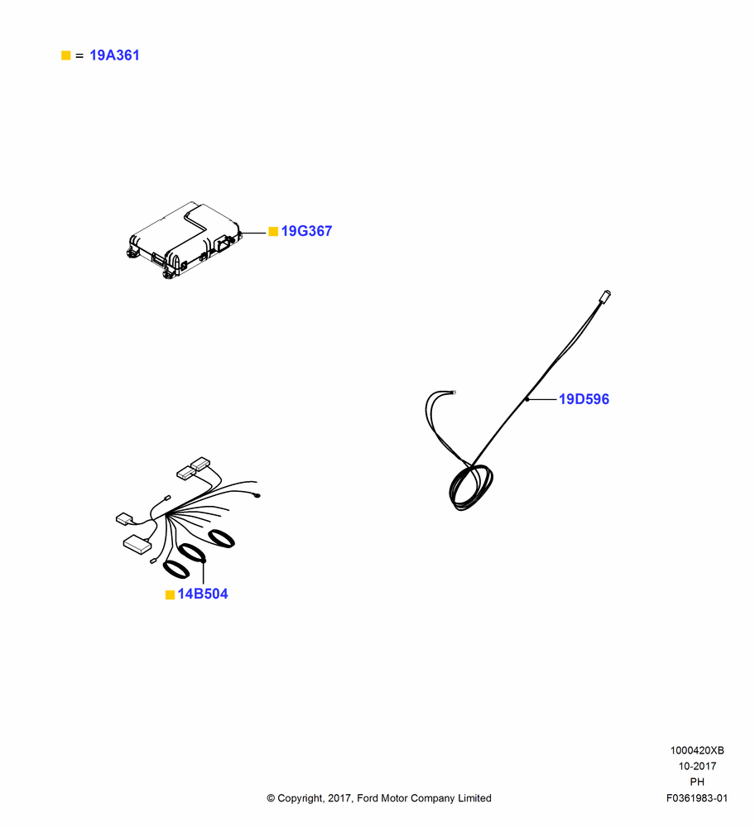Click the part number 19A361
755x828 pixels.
114,55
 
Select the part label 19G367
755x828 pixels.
306,231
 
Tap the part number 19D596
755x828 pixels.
584,399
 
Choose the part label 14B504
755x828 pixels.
203,594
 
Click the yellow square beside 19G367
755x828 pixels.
273,232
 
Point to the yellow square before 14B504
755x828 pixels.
170,595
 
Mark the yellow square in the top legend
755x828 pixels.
66,55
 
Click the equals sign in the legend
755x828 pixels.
79,55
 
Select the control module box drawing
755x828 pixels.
185,240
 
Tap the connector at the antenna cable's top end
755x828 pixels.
605,296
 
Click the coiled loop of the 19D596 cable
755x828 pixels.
470,488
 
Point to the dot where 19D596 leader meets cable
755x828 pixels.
527,399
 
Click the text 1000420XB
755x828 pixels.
697,750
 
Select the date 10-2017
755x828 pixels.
697,766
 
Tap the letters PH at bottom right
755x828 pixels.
697,782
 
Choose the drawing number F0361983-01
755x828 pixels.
697,798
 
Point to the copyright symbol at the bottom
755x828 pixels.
271,798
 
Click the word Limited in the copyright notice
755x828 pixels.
474,798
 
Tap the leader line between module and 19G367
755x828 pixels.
253,233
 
